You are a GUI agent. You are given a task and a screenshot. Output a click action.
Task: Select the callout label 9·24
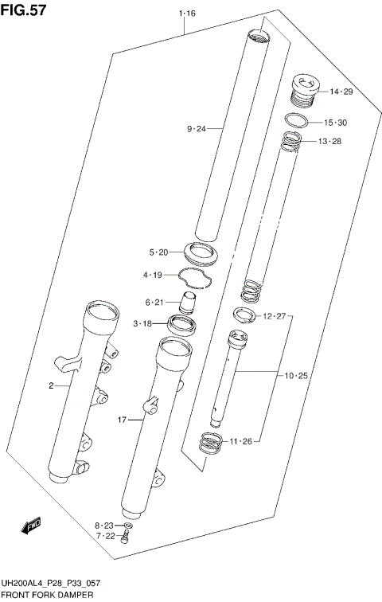point(196,128)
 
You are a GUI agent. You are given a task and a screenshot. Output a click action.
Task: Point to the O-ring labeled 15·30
point(296,121)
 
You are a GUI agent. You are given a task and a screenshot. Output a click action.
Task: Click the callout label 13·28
point(329,142)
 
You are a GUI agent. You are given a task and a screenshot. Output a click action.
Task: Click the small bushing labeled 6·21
point(189,303)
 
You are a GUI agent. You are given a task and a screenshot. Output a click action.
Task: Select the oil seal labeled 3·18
point(181,324)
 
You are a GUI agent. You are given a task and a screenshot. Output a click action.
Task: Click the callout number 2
point(51,386)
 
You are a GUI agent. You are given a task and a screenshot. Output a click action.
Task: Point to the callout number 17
point(121,420)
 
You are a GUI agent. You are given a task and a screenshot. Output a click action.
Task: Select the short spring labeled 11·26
point(210,443)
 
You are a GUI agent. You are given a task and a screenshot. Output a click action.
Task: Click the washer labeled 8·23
point(130,526)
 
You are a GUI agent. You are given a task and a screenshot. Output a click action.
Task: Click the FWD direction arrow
point(31,526)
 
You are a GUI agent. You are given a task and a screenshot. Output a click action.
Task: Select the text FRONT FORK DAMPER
point(47,595)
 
